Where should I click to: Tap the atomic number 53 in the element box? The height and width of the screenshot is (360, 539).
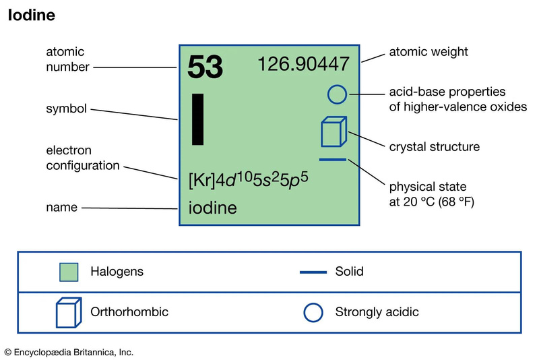pyautogui.click(x=205, y=66)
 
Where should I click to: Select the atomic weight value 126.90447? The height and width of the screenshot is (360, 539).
pyautogui.click(x=304, y=65)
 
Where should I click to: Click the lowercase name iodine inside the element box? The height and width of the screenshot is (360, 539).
pyautogui.click(x=212, y=208)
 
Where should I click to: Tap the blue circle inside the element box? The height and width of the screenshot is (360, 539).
pyautogui.click(x=337, y=94)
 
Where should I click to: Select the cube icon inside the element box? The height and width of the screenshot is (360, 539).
pyautogui.click(x=333, y=132)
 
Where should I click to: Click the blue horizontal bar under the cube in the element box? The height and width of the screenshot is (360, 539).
pyautogui.click(x=333, y=160)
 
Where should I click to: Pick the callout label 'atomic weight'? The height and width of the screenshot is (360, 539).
pyautogui.click(x=429, y=51)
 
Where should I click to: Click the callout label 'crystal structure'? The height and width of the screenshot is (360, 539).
pyautogui.click(x=435, y=146)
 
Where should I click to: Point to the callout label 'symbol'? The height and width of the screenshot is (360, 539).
pyautogui.click(x=66, y=108)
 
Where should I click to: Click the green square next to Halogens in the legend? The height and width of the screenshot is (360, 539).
pyautogui.click(x=69, y=272)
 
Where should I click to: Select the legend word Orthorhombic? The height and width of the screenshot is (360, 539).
pyautogui.click(x=129, y=312)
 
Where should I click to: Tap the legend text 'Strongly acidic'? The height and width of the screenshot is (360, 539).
pyautogui.click(x=377, y=312)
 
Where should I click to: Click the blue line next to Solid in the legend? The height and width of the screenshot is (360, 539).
pyautogui.click(x=313, y=272)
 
